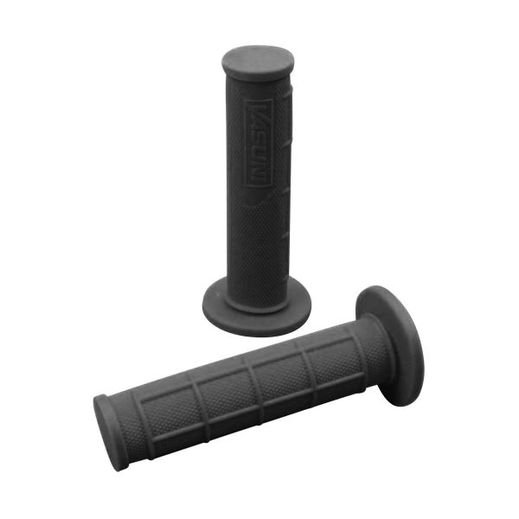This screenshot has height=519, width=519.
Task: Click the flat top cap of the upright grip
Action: click(258, 61)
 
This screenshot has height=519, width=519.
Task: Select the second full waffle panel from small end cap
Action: click(221, 390)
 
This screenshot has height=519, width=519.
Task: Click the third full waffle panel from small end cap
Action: click(278, 370)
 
